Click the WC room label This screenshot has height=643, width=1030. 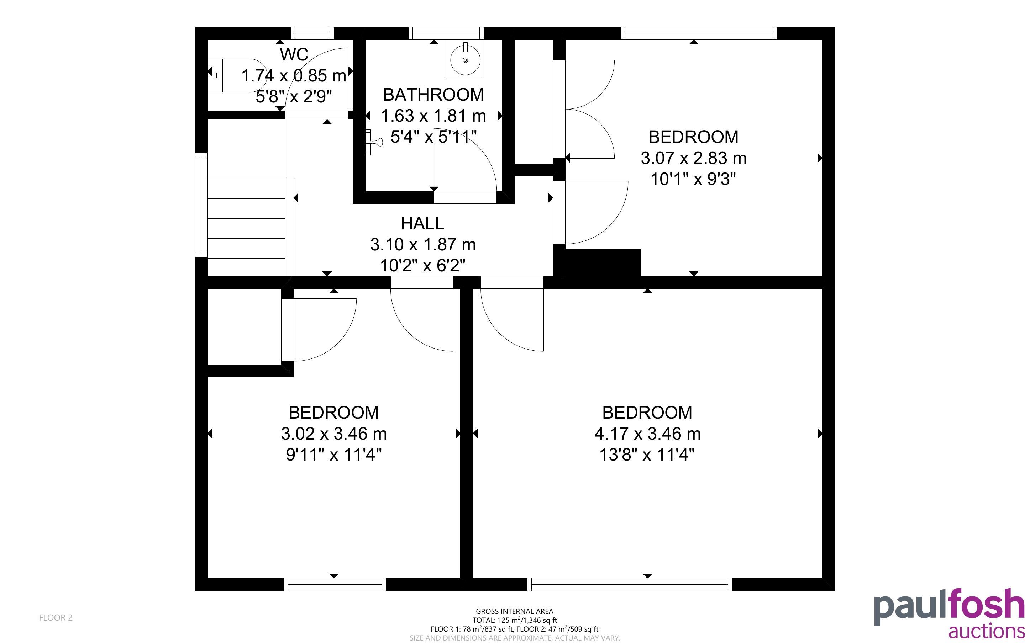(294, 54)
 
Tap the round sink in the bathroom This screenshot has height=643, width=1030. (465, 59)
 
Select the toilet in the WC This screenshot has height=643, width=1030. (236, 75)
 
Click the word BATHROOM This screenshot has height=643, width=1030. (433, 94)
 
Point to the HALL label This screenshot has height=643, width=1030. (422, 223)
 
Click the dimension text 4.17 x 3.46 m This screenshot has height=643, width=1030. (647, 434)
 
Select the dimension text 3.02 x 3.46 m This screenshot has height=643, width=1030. (333, 434)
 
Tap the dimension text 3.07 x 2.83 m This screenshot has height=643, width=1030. (693, 158)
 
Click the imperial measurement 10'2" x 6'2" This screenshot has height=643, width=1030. (422, 265)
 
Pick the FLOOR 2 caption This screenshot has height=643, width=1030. (56, 617)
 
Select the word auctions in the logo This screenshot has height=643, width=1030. (986, 631)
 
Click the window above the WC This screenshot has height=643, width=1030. (312, 33)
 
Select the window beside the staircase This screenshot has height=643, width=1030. (201, 205)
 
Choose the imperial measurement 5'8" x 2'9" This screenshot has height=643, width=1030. (294, 96)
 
